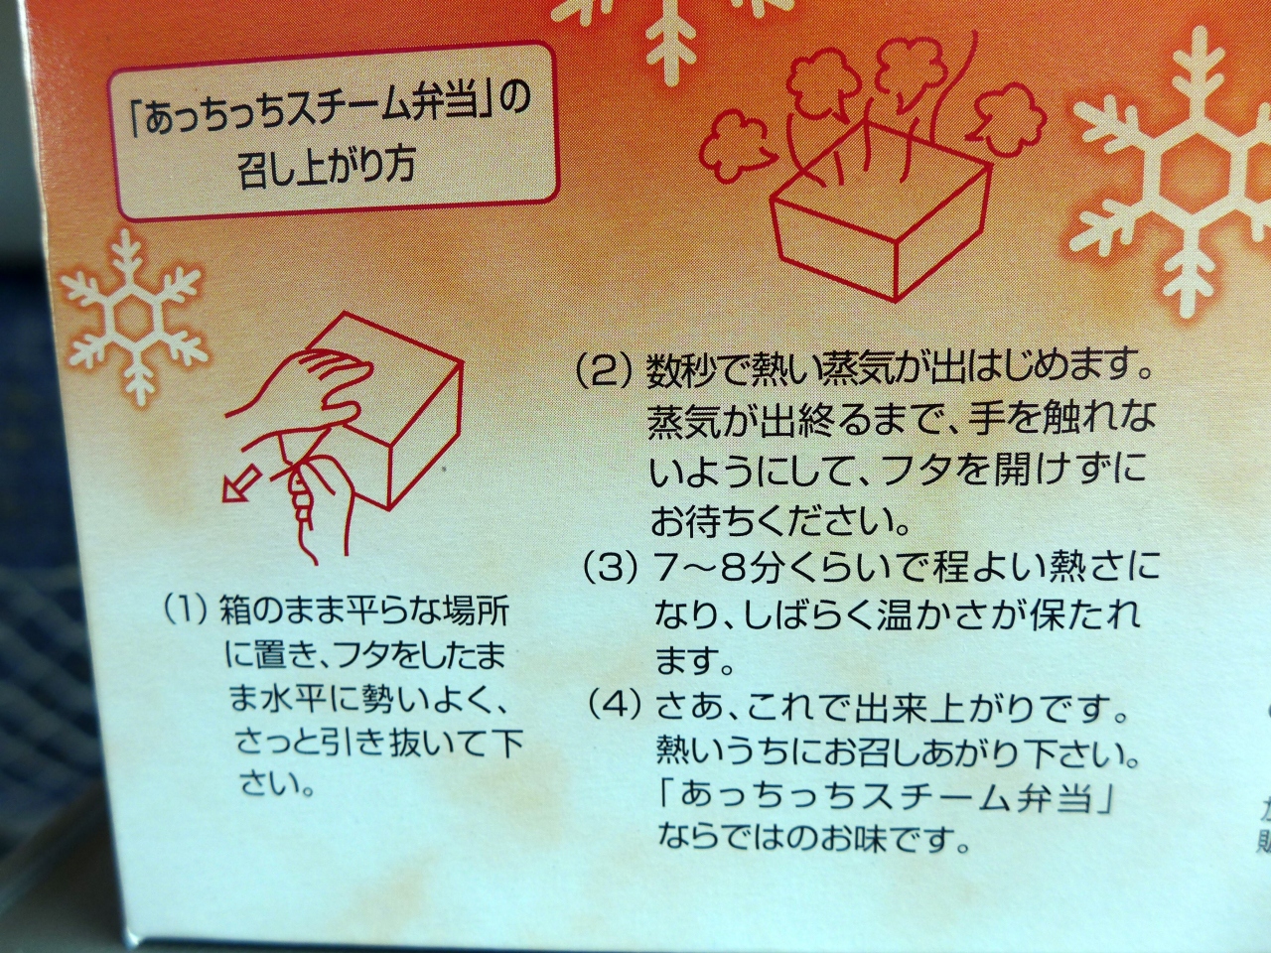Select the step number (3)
(612, 570)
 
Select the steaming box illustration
(880, 214)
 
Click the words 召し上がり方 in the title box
(326, 166)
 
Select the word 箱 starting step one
(235, 612)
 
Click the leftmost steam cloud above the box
(734, 145)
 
